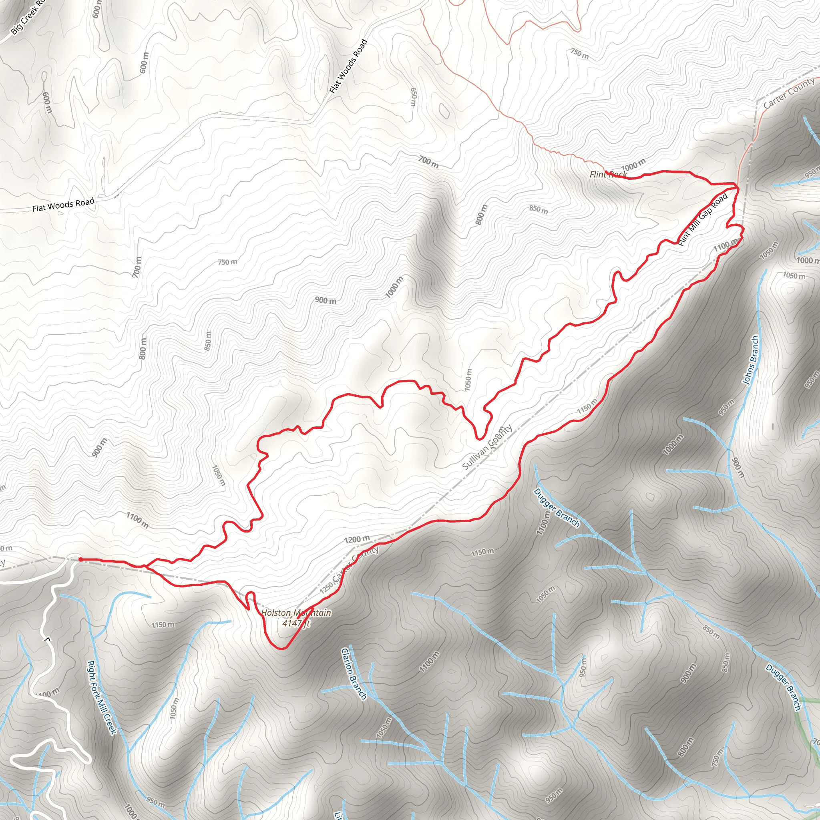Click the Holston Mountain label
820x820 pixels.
pyautogui.click(x=296, y=613)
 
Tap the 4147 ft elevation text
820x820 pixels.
pyautogui.click(x=296, y=623)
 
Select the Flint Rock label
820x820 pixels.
pyautogui.click(x=608, y=175)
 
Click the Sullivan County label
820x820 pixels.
pyautogui.click(x=487, y=448)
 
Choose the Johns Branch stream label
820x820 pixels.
pyautogui.click(x=750, y=360)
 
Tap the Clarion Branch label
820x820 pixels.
pyautogui.click(x=354, y=673)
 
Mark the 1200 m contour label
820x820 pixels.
pyautogui.click(x=356, y=539)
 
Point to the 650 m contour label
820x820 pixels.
pyautogui.click(x=413, y=97)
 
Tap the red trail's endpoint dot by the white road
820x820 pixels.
pyautogui.click(x=80, y=559)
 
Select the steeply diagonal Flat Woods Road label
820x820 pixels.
pyautogui.click(x=348, y=66)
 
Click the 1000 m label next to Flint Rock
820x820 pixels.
pyautogui.click(x=633, y=164)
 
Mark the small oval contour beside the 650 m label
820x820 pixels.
pyautogui.click(x=444, y=111)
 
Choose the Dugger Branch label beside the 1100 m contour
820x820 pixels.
pyautogui.click(x=557, y=508)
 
